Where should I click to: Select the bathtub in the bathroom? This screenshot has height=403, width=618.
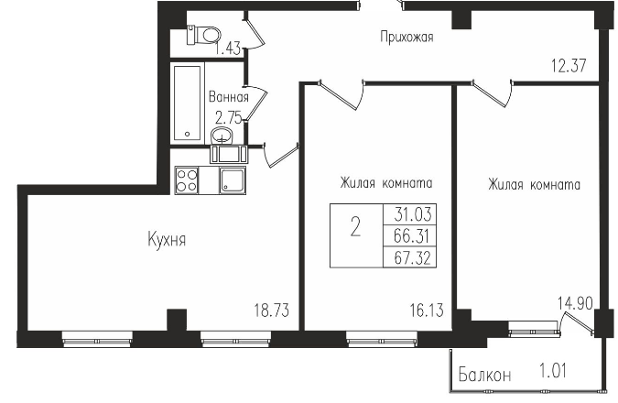point(189,102)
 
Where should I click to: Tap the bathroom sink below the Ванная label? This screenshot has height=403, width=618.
point(222,137)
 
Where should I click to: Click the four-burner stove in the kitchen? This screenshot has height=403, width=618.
point(188,180)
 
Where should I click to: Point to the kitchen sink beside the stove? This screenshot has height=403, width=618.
point(232,180)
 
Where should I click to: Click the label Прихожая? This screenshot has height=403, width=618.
point(407,38)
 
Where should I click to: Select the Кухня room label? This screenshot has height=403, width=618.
point(167,240)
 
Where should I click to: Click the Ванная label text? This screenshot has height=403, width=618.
point(228,97)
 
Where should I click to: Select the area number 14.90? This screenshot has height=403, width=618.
point(577,300)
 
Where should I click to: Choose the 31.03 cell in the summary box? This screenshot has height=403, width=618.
point(415,214)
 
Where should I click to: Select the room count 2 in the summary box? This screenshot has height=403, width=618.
point(355,229)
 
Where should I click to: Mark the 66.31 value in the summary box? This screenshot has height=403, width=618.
point(415,234)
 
